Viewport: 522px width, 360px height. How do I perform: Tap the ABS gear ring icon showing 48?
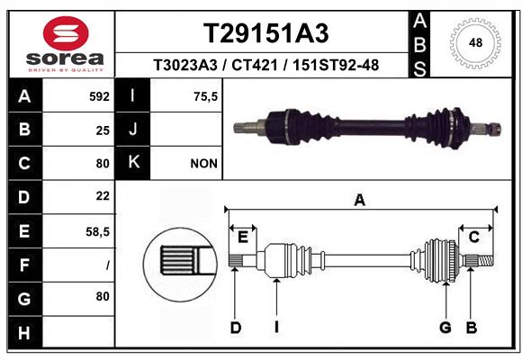click(476, 42)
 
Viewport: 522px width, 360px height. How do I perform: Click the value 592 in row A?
click(99, 95)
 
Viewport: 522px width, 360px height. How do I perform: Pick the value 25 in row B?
click(103, 130)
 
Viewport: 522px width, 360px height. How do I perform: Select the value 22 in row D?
click(103, 195)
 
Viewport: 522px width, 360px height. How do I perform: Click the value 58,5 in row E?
click(98, 231)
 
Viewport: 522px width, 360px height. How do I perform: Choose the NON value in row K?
click(202, 164)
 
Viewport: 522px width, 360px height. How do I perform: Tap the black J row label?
click(132, 130)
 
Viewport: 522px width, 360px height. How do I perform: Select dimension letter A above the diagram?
click(360, 201)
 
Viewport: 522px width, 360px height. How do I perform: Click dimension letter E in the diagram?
click(242, 237)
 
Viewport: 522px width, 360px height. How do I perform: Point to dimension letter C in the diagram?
click(473, 237)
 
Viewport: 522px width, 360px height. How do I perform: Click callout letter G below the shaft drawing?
click(445, 328)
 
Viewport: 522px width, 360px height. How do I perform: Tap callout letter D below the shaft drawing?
click(235, 328)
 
